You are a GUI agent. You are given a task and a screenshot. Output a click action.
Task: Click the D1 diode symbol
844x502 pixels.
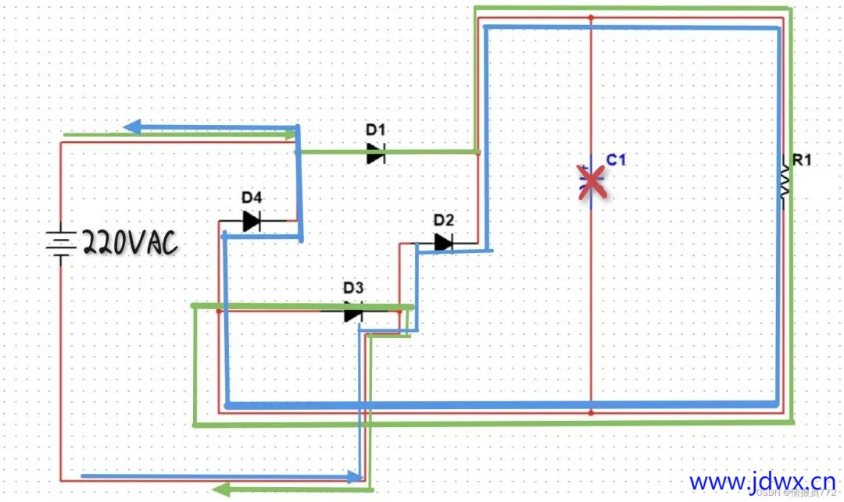pos(376,153)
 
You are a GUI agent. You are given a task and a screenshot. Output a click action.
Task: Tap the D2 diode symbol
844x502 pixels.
pos(444,243)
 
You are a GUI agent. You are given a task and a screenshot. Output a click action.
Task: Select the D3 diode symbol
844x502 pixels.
pos(353,312)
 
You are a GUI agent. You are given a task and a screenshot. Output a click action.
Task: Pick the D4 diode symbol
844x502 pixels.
pos(251,222)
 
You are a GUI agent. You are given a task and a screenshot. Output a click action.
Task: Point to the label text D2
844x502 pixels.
pos(444,219)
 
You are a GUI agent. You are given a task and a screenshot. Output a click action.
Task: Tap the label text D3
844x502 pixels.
pos(354,288)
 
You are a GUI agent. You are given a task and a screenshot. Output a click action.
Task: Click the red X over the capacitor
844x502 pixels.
pos(593,182)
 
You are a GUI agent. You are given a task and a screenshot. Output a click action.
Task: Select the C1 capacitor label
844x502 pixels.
pos(617,160)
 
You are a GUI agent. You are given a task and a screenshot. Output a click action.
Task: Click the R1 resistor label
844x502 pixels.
pos(803,161)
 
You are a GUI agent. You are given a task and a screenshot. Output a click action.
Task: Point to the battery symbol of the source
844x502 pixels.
pos(60,243)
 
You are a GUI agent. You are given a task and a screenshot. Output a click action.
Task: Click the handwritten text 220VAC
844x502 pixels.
pos(130,244)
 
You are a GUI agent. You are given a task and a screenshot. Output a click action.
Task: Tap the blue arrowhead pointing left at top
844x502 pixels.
pos(132,126)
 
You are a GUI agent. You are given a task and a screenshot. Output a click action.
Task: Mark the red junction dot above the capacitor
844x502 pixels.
pos(592,16)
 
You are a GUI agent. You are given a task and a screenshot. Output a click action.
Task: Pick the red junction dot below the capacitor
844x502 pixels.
pos(592,411)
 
